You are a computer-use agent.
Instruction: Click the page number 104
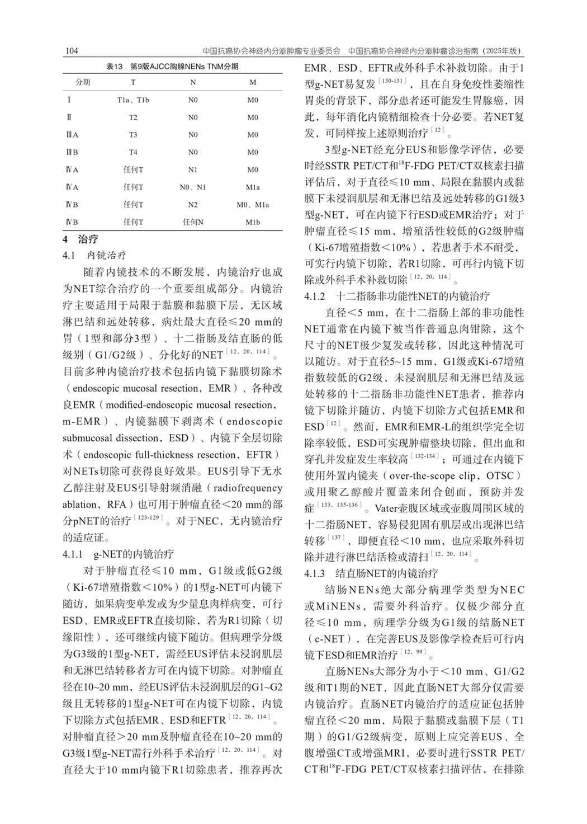point(72,51)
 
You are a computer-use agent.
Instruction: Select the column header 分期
point(83,82)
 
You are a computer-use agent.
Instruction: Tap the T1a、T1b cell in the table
point(133,100)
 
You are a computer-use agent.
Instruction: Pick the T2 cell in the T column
point(133,117)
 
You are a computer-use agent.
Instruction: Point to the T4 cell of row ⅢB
point(133,152)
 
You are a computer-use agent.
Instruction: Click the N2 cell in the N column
point(193,205)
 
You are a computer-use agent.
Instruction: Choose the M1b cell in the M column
point(253,222)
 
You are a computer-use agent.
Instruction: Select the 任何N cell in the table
point(193,222)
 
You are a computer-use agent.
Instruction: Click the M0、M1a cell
point(253,205)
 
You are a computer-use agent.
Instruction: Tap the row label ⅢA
point(72,135)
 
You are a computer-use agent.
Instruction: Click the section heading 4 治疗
point(81,239)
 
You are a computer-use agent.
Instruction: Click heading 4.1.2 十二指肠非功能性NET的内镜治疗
point(397,296)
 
